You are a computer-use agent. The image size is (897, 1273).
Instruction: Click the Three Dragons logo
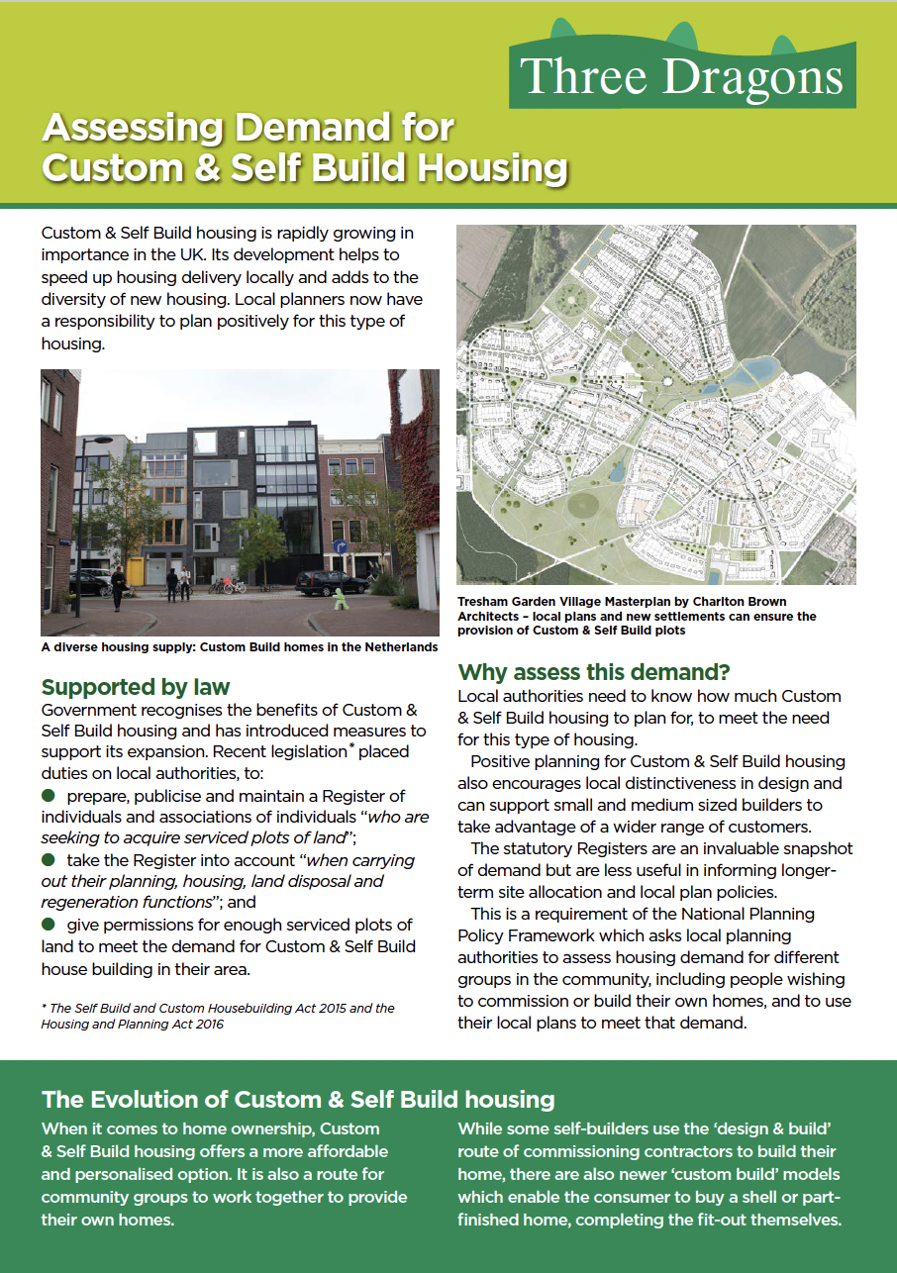(683, 75)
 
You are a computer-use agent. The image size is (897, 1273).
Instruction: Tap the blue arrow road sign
(340, 547)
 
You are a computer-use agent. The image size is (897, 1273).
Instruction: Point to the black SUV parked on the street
(331, 583)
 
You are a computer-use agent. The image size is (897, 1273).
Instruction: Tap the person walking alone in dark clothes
(118, 586)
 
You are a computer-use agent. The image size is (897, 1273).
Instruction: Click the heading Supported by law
(135, 687)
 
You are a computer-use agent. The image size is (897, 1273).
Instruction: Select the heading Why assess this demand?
(594, 673)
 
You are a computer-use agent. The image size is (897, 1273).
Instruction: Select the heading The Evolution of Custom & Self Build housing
(298, 1099)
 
